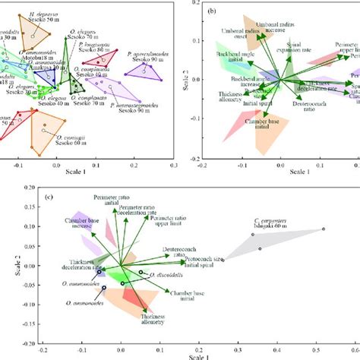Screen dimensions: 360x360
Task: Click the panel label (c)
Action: (x=49, y=198)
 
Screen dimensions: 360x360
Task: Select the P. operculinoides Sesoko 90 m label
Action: (x=155, y=61)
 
